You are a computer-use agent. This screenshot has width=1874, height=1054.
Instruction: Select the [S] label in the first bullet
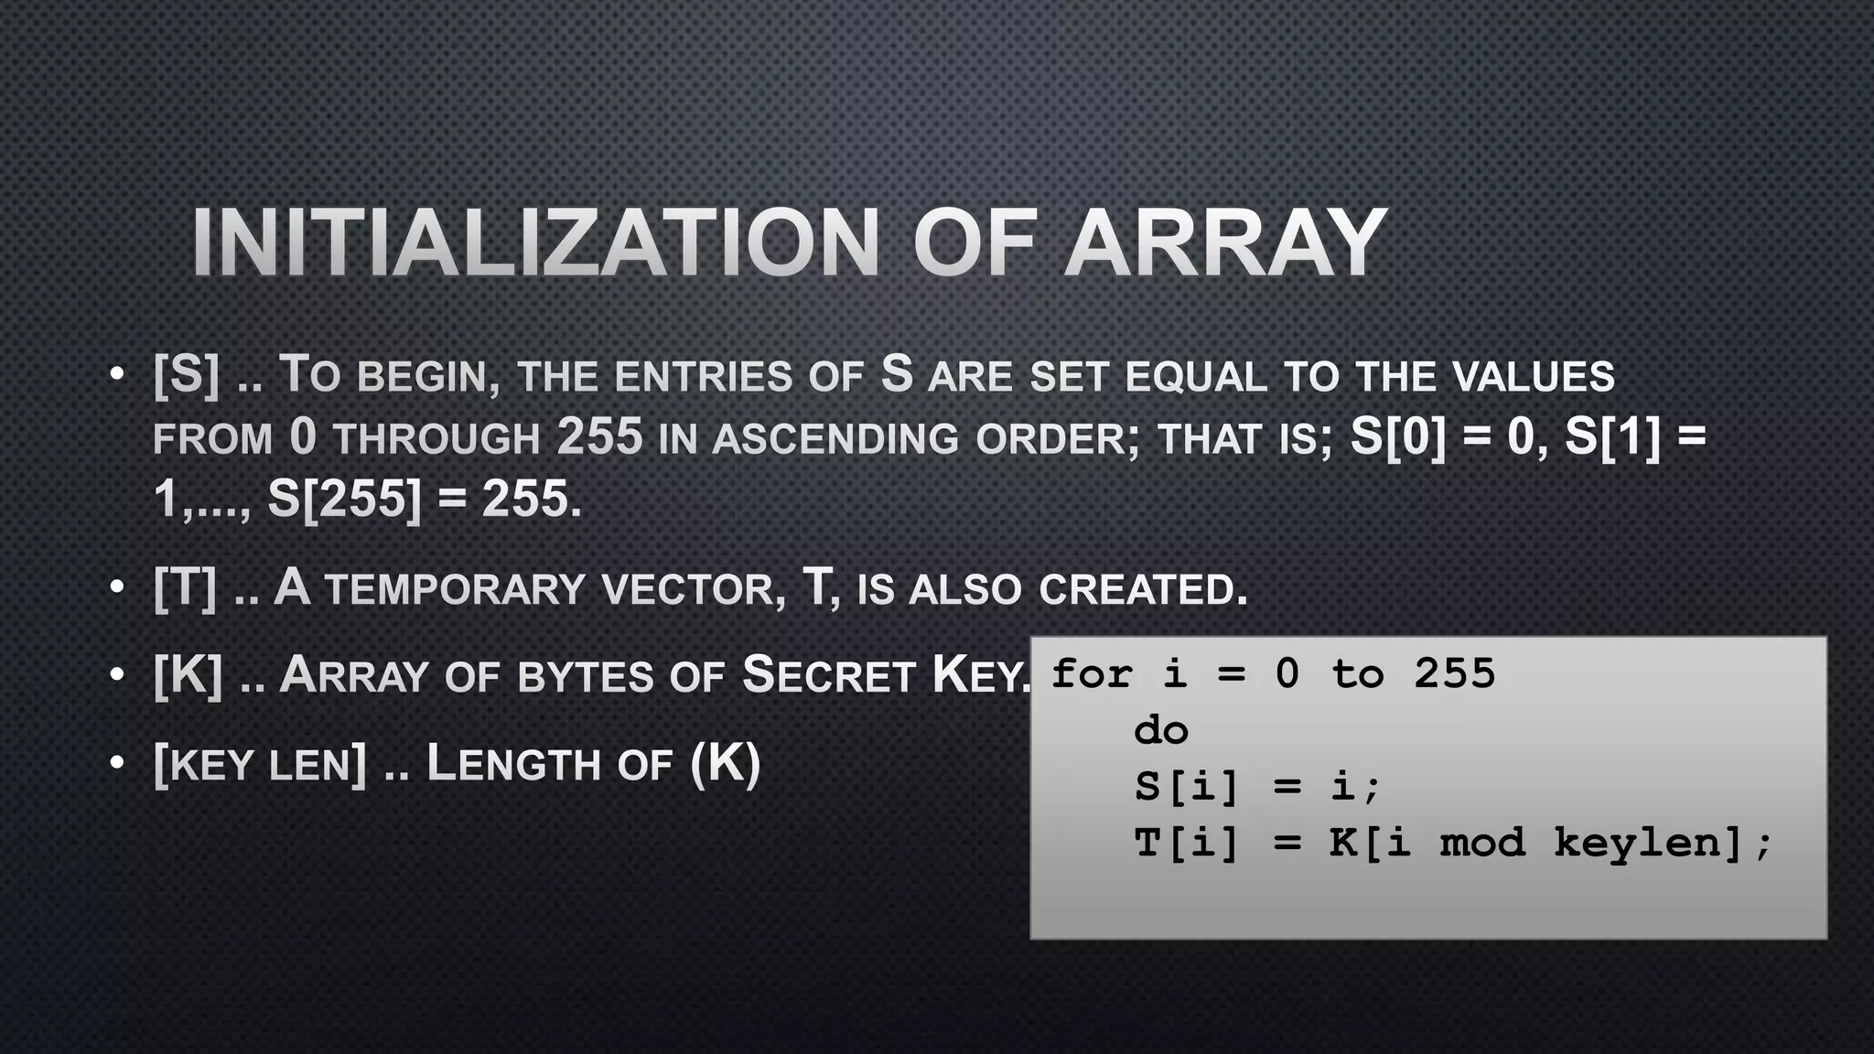tap(187, 374)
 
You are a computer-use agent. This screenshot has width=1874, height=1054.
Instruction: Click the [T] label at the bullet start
tap(185, 587)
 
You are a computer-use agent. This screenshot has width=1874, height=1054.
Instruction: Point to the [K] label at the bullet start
tap(188, 675)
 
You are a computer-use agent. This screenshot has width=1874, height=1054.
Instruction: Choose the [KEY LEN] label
tap(260, 764)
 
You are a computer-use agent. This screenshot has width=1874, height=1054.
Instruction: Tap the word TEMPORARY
tap(454, 589)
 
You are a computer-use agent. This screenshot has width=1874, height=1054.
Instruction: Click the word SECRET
tap(828, 676)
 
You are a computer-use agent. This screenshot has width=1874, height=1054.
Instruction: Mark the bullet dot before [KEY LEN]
tap(115, 763)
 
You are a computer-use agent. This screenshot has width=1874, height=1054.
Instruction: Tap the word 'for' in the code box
tap(1092, 674)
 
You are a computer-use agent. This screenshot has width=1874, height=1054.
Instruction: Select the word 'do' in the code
tap(1160, 730)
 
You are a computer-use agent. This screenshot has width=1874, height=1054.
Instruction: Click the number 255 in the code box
tap(1454, 674)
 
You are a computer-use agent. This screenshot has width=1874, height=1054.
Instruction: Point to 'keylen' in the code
tap(1638, 842)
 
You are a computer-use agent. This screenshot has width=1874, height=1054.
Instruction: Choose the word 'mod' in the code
tap(1482, 842)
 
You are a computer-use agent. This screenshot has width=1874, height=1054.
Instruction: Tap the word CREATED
tap(1143, 589)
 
